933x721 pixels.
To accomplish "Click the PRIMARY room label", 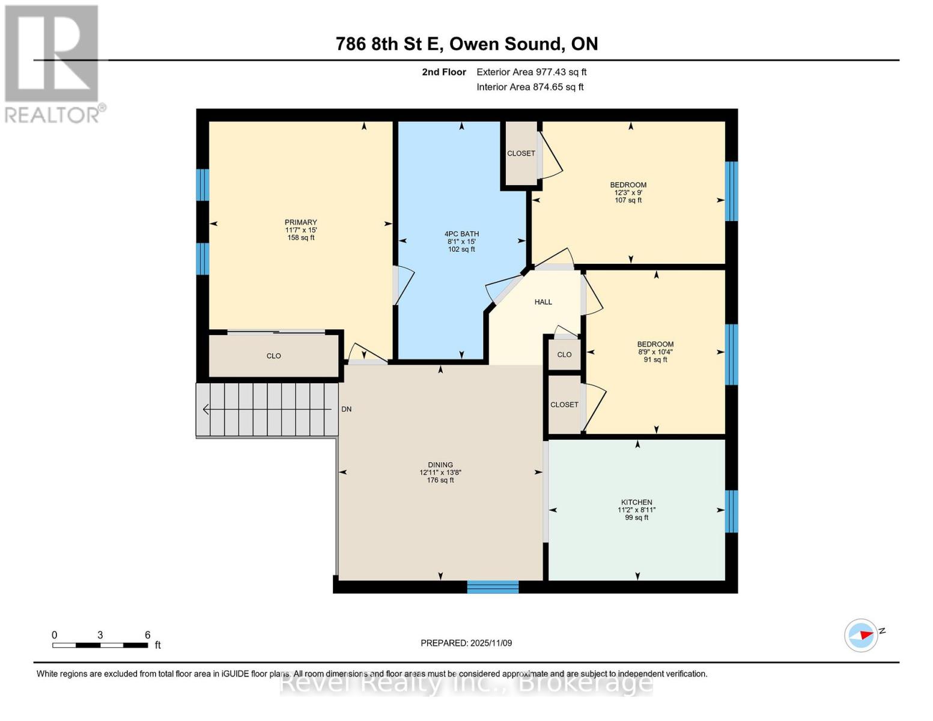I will (x=300, y=222).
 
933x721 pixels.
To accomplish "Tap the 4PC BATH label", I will (x=461, y=234).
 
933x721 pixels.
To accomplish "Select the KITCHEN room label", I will (x=636, y=502).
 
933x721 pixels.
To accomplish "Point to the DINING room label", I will (x=440, y=465).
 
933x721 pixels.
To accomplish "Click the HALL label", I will (x=543, y=302).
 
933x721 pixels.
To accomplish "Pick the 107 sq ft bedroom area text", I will (x=628, y=201).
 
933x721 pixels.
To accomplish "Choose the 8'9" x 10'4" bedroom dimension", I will (x=655, y=352).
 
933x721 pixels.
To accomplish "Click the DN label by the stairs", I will (x=347, y=409).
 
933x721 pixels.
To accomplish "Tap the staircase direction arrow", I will (x=207, y=409).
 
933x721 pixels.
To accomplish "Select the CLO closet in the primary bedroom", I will (x=273, y=356).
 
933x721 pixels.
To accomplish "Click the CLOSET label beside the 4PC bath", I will (x=521, y=153).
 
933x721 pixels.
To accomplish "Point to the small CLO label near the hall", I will (x=564, y=354).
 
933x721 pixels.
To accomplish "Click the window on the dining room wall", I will (x=493, y=587).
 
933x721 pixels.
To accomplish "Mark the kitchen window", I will (x=731, y=511).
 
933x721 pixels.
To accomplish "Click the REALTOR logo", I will (x=53, y=63).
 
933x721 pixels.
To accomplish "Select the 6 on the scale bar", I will (x=147, y=635).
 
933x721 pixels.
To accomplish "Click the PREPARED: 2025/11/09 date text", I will (x=466, y=643).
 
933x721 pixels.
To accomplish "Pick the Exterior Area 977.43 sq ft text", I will (x=531, y=72).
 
